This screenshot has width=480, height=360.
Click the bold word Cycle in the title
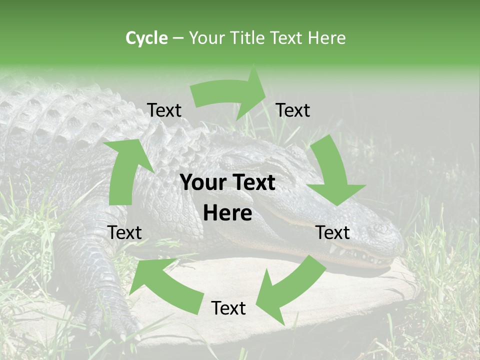point(146,38)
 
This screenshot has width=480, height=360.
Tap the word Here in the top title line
point(326,38)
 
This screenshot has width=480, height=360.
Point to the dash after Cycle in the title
point(178,38)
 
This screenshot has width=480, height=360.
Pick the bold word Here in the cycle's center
point(227,213)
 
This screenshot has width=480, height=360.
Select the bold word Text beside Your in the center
point(252,182)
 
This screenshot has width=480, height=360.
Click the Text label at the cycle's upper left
point(164,110)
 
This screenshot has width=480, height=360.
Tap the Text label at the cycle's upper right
point(293,110)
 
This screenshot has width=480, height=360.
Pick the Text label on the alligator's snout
point(333,232)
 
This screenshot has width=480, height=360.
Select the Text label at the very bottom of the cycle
point(228,308)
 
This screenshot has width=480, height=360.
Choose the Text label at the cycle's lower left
point(124,232)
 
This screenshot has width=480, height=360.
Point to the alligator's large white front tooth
point(333,248)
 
